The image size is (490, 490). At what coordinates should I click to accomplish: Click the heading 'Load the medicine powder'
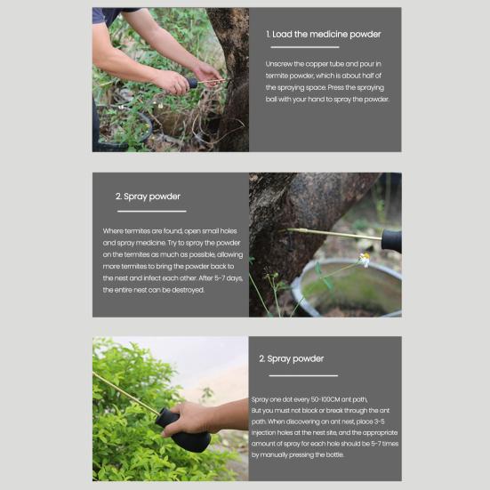coord(326,34)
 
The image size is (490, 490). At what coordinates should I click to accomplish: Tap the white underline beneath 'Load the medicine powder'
coord(305,47)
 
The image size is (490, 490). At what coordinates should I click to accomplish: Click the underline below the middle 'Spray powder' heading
coord(151,212)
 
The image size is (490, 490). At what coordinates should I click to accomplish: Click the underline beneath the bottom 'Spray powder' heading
coord(303,375)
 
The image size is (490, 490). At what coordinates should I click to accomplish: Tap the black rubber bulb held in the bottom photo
coord(185,433)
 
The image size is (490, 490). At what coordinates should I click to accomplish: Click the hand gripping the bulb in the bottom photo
coord(195,419)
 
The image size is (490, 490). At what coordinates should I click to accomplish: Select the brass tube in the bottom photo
coord(126,394)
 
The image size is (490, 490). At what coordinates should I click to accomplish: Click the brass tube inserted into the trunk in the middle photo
coord(333,234)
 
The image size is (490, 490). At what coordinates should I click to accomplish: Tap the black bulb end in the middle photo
coord(391,240)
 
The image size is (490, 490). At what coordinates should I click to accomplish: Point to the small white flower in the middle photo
coord(365,259)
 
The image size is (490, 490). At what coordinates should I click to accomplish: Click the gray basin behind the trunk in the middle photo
coord(347,287)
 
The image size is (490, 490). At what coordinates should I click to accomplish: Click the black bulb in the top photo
coord(191,83)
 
